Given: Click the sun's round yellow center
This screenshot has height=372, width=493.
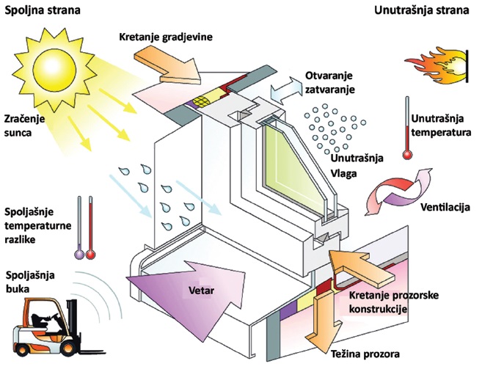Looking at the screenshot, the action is pos(54,68).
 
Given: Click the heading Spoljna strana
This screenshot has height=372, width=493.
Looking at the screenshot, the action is pos(43,10).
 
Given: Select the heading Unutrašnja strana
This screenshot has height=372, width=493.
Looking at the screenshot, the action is pos(422,10).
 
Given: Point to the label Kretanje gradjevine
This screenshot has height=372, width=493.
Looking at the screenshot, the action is pos(166,37).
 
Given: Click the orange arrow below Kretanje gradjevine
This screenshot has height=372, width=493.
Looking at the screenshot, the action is pos(168,65).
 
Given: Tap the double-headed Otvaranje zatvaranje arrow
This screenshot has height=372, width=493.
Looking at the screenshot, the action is pos(285,91).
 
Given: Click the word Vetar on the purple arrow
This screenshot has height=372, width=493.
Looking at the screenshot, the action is pos(201,290).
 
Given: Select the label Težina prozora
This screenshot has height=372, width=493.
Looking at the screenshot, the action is pos(365,354).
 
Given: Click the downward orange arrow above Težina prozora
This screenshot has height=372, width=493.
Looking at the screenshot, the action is pos(324,321).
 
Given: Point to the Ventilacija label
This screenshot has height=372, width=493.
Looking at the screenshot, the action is pos(445,207).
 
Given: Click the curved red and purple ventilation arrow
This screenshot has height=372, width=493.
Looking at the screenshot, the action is pos(398,192).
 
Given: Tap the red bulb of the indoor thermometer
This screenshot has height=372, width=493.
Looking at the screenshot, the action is pos(407,155).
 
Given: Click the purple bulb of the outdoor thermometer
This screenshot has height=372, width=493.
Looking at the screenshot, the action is pos(79,254).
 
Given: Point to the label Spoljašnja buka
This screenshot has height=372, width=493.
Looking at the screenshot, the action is pos(30,282).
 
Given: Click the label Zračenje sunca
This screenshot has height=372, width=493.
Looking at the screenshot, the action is pos(24,125).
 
